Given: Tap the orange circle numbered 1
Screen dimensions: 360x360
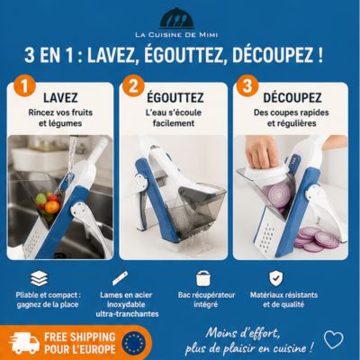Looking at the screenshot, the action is point(25,85).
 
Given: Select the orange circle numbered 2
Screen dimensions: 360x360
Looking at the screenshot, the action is point(133,85).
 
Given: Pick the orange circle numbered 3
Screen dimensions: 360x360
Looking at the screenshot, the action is point(247,85).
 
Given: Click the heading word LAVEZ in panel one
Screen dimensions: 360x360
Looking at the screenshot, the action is point(60,98).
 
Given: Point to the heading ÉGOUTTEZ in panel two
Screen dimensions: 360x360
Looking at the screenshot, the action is point(175,97).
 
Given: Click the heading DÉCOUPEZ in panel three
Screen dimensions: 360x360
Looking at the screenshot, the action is point(292,97).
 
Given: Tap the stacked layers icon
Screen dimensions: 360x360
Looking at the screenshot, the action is point(39,278).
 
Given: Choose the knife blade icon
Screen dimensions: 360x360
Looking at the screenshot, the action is point(120,278).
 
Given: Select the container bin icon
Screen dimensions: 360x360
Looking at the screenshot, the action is point(203,278).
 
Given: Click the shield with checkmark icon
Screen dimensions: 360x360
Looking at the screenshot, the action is point(275,279).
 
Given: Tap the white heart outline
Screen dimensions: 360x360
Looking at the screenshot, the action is point(334,339).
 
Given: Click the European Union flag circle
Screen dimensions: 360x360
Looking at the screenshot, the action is point(134,343).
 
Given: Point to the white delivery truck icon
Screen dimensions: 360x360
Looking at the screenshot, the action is point(24,343).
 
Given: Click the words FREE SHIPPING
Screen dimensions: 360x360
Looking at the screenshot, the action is point(80,337).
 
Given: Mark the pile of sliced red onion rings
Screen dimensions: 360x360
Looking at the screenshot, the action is point(316,238).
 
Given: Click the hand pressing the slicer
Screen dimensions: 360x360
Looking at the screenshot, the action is point(262,150).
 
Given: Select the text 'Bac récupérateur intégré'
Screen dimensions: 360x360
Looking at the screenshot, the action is point(206,300).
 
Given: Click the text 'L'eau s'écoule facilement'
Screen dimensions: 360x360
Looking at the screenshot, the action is point(174,118).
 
